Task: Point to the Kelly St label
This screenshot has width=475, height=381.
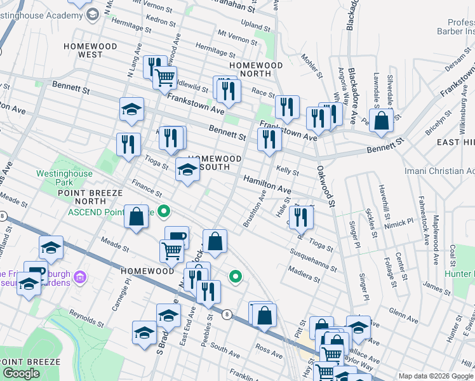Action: click(288, 171)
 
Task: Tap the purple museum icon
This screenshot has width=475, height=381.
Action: click(80, 277)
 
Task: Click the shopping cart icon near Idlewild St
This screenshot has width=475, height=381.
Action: click(165, 77)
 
